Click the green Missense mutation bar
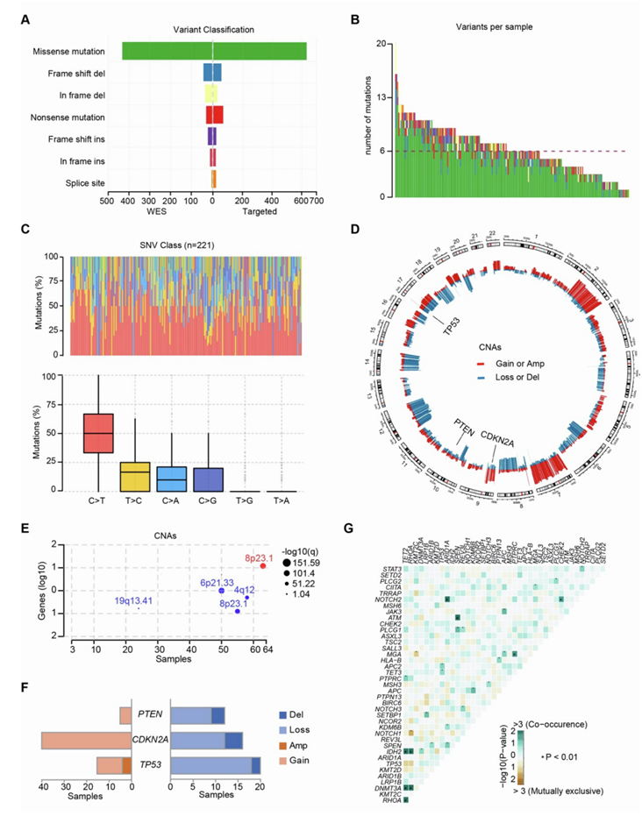pos(214,51)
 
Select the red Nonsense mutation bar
pos(215,116)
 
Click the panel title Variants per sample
pos(502,27)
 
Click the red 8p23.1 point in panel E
pos(262,565)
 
